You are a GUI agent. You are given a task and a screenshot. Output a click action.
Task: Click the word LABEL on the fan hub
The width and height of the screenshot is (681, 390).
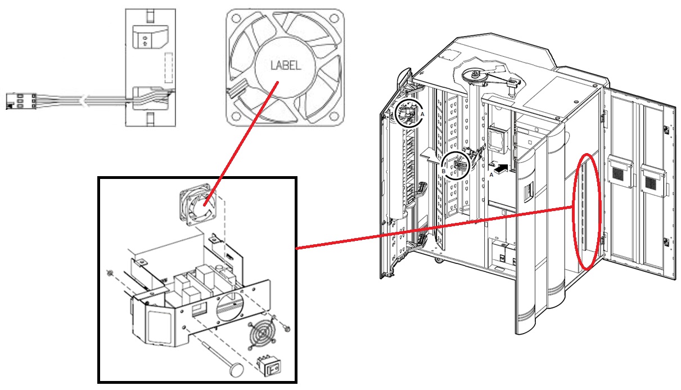[x=285, y=65]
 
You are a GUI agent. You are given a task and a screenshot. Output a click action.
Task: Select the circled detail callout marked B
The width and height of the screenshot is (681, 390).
[x=455, y=165]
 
